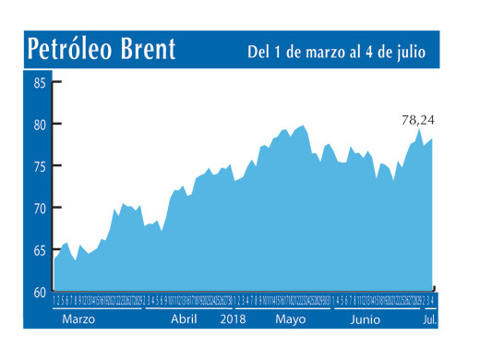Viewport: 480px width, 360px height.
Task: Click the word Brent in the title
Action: coord(148,49)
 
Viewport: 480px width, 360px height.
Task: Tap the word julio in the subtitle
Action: coord(407,53)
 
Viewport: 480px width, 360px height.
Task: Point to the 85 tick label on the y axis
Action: coord(41,82)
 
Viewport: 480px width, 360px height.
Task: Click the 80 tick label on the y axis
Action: coord(41,125)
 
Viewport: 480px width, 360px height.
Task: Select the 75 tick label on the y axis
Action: coord(41,166)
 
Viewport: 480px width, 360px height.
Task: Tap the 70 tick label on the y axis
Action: coord(41,209)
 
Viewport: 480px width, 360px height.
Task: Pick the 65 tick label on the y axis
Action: coord(41,250)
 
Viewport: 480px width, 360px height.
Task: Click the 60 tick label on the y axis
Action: coord(41,293)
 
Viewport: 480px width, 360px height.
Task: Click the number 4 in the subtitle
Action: coord(367,53)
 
